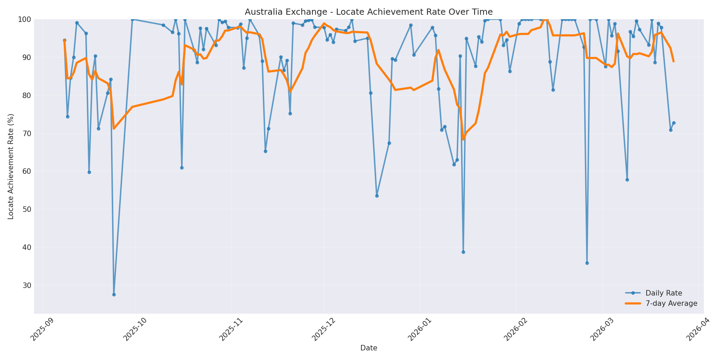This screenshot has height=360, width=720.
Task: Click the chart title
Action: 369,12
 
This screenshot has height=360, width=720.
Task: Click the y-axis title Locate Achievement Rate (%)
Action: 11,166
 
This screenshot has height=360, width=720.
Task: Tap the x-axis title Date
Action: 369,348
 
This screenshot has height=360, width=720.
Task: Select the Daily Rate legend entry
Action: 663,293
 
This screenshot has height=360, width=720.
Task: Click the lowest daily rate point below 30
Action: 114,295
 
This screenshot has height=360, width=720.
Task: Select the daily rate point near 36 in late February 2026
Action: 587,263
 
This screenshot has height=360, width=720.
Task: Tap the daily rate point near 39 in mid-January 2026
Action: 463,252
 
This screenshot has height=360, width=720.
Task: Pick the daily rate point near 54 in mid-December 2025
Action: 377,196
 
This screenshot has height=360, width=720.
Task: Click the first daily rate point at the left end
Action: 64,40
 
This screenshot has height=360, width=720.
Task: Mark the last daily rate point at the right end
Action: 674,123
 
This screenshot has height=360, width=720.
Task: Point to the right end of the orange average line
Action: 674,61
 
